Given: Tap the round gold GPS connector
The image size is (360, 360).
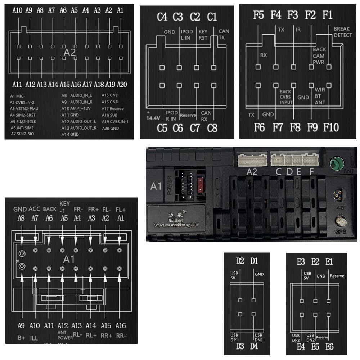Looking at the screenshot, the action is click(x=339, y=220).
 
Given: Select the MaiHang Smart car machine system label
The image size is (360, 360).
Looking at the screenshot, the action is click(x=176, y=219).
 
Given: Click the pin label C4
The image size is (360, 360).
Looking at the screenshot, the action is click(x=162, y=17).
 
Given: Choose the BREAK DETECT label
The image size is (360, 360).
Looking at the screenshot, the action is click(x=343, y=32).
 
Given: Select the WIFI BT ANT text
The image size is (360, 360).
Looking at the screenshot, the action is click(x=320, y=96).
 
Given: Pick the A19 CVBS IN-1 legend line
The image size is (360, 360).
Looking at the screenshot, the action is click(x=115, y=121).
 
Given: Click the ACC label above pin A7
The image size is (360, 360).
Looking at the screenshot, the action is click(x=35, y=209).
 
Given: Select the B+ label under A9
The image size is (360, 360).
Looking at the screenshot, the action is click(x=21, y=338).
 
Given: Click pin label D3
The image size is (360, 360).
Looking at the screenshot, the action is click(x=240, y=346).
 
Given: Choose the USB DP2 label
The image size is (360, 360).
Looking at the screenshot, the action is click(x=296, y=338).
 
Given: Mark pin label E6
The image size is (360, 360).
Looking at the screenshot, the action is click(x=329, y=346).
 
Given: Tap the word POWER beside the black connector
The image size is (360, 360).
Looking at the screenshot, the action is click(x=170, y=185).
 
